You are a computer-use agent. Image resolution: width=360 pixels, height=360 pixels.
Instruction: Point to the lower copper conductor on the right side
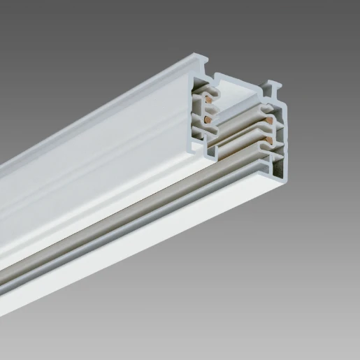pos(269,145)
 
